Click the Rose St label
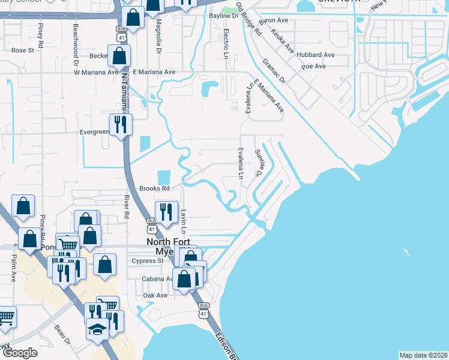click(x=23, y=51)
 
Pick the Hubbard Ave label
click(x=318, y=55)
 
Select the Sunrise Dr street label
click(x=259, y=163)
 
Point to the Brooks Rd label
click(x=152, y=188)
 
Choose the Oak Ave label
click(x=155, y=296)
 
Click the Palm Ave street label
click(x=13, y=276)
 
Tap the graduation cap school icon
click(x=97, y=328)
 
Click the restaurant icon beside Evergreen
click(x=121, y=124)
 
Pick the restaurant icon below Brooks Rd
click(x=164, y=211)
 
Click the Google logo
click(x=19, y=353)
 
